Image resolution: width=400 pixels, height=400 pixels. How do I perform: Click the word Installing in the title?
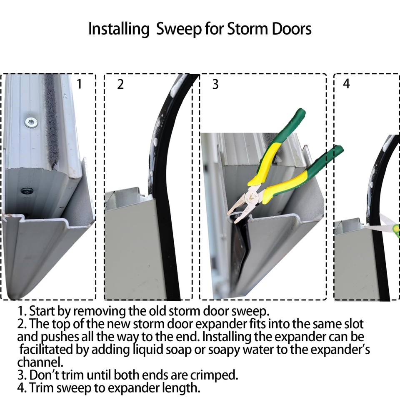click(x=119, y=29)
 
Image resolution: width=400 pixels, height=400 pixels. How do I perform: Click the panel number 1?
click(x=80, y=84)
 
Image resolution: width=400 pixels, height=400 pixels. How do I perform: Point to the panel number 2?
click(x=120, y=84)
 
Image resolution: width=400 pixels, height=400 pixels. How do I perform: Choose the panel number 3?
click(x=215, y=84)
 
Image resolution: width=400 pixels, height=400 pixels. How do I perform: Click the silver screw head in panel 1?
click(x=30, y=122)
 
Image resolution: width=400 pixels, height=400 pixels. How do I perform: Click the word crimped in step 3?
click(x=217, y=375)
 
